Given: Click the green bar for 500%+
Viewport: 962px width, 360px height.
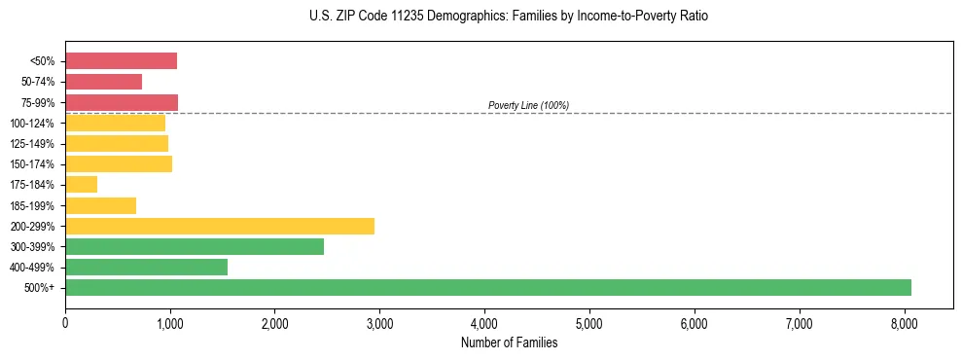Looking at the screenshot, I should (487, 287).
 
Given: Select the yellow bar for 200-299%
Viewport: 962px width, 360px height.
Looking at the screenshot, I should (220, 226).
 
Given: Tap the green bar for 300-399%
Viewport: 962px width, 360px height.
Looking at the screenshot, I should (195, 246).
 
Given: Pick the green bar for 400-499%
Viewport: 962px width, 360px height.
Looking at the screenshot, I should (146, 267).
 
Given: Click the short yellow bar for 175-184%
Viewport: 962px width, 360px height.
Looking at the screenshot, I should (82, 184).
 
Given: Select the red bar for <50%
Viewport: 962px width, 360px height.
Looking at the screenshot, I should (121, 61).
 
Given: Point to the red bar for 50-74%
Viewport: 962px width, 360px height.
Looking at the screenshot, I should (103, 82).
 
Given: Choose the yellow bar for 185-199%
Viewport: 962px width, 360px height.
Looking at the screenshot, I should (100, 205).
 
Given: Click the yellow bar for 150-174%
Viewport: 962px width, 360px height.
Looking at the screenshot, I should (119, 163).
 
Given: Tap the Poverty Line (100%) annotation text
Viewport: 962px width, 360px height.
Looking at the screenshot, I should (528, 105).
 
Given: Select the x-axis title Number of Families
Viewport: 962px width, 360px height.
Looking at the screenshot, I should (509, 342).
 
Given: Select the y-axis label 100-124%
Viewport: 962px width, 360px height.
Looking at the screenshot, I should (34, 124).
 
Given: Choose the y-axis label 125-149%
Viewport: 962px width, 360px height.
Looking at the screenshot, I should (34, 144).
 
